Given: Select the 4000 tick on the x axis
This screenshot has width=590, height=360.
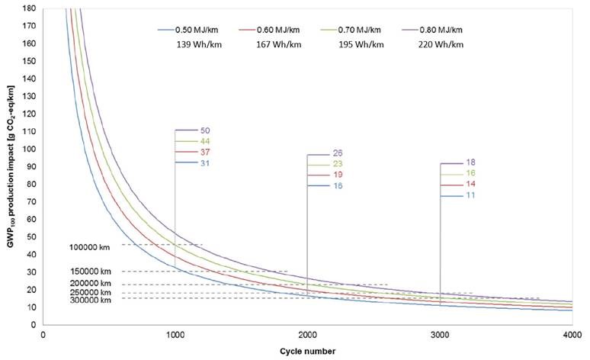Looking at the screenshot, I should (x=572, y=334).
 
